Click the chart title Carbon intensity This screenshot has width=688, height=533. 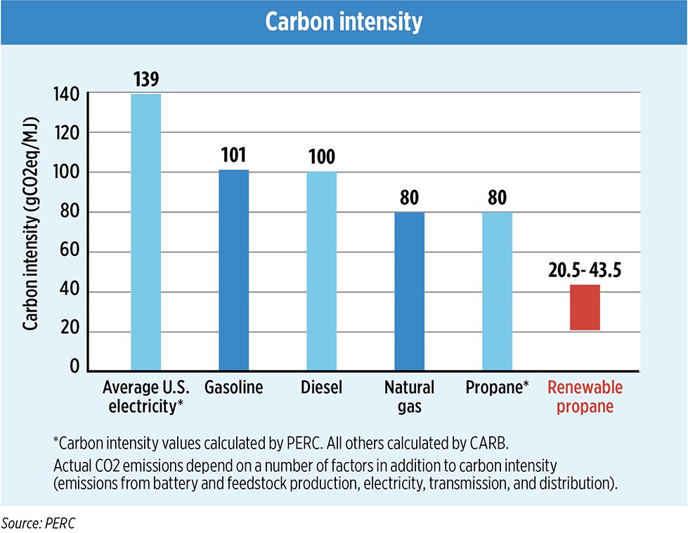pos(344,22)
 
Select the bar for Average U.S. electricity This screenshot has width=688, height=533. pos(146,232)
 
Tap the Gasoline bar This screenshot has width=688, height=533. pos(234,270)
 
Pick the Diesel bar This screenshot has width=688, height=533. pos(322,271)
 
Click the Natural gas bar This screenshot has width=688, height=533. pos(410,291)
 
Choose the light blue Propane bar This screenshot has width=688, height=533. pos(497,291)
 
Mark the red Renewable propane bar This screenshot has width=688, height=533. pos(585,307)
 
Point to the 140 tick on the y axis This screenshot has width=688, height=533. pos(71,94)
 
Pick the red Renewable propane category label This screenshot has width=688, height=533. pos(585,397)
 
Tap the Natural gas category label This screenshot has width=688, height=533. pos(410,397)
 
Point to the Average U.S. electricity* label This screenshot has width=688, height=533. pos(143,397)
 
